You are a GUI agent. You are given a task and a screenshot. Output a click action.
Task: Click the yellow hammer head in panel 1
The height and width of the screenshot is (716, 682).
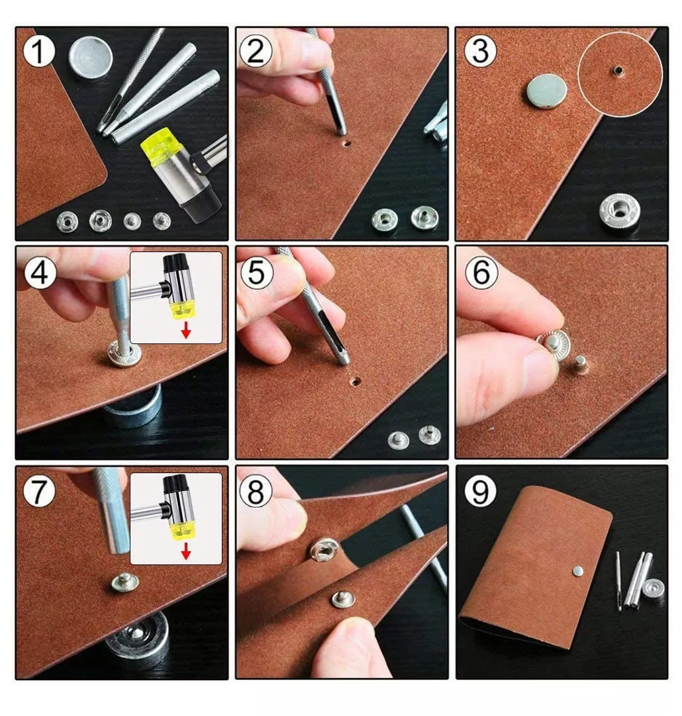[159, 150]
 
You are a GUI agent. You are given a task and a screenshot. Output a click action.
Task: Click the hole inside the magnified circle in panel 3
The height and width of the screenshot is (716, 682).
[618, 69]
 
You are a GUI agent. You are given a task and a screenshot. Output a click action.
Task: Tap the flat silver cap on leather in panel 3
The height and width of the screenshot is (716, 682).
[545, 91]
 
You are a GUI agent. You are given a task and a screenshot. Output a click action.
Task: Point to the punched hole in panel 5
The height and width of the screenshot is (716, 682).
[356, 382]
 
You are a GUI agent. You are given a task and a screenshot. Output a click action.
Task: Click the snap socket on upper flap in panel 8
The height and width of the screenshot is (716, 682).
[325, 549]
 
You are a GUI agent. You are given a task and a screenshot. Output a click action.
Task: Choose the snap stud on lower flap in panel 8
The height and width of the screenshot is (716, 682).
[343, 599]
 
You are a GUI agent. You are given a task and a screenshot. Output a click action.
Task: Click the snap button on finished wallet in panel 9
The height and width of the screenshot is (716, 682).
[578, 570]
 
